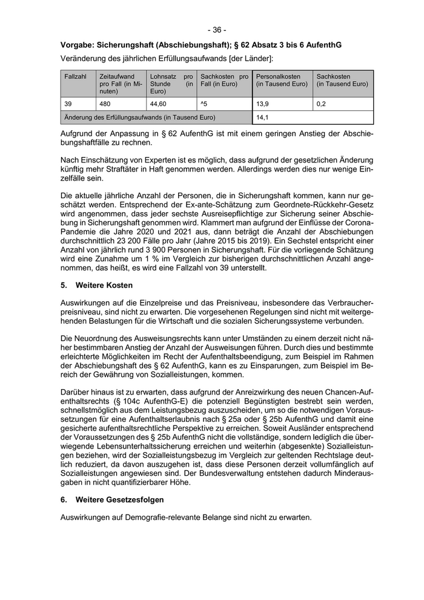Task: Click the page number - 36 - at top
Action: (216, 30)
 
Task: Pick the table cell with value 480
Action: (105, 104)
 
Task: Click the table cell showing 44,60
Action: (159, 104)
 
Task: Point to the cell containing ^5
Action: (204, 104)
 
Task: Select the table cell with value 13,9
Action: (263, 104)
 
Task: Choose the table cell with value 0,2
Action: (321, 104)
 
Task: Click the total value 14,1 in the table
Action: (263, 118)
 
